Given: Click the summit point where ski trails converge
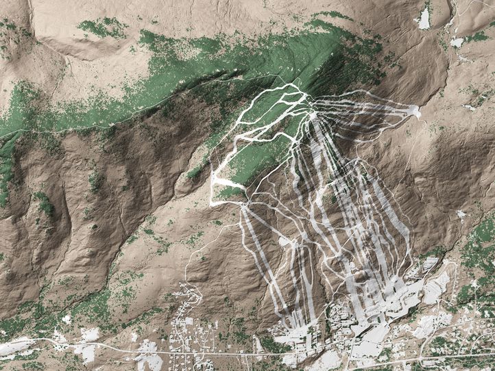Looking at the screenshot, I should click(313, 115).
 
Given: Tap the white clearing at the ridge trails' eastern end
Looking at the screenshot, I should click(413, 112).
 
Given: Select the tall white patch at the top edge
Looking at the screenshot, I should click(424, 18).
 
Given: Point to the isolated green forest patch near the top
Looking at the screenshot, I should click(103, 27).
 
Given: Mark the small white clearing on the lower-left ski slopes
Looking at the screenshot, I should click(285, 240).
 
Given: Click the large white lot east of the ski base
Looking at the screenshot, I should click(435, 287).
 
